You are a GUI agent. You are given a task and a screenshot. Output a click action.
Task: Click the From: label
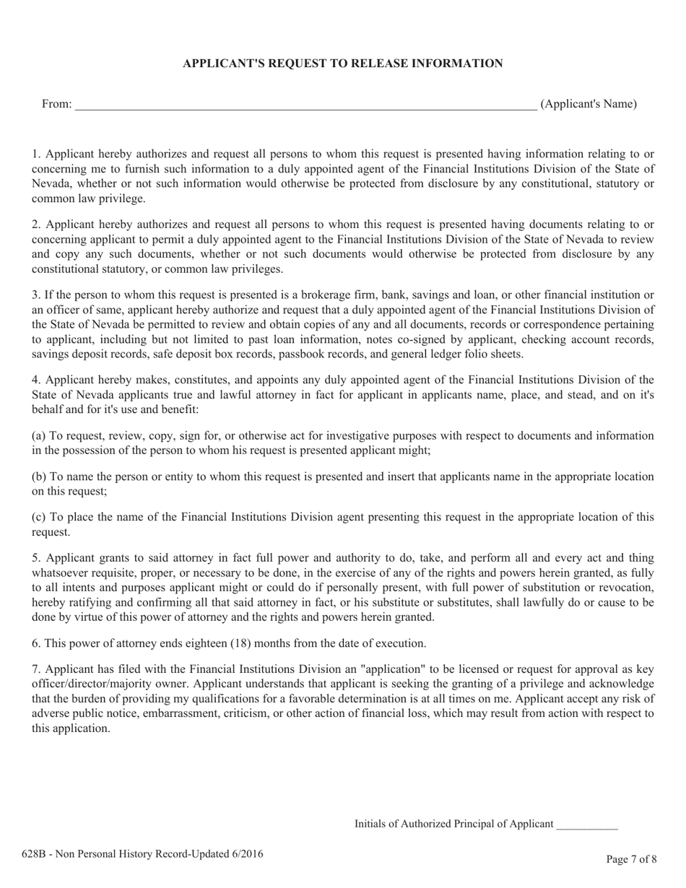pyautogui.click(x=56, y=104)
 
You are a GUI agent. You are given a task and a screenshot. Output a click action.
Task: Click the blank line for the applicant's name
pyautogui.click(x=305, y=105)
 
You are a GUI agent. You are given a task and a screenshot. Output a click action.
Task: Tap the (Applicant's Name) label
pyautogui.click(x=589, y=104)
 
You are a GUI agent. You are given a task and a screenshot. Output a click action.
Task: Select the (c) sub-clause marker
pyautogui.click(x=39, y=517)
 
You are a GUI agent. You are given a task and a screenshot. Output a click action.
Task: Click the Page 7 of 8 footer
pyautogui.click(x=631, y=859)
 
